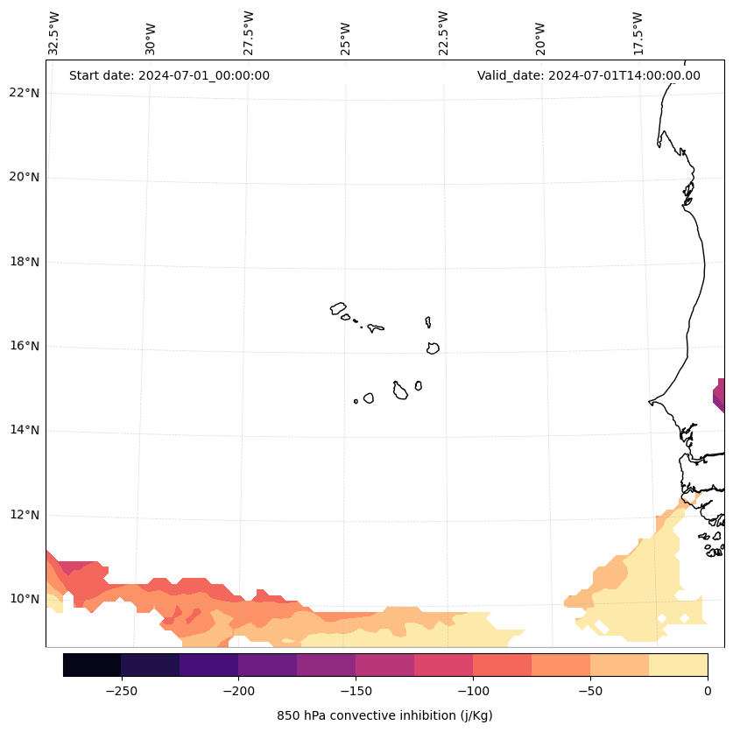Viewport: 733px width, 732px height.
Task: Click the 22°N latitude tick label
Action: (x=24, y=93)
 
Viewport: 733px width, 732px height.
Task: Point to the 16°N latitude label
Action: (x=24, y=346)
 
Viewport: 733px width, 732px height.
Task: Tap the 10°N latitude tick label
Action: (x=24, y=599)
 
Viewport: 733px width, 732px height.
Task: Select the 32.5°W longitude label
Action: (x=54, y=33)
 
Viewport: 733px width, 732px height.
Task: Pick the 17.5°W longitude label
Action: (x=638, y=33)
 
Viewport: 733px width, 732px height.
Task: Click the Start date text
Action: (x=169, y=75)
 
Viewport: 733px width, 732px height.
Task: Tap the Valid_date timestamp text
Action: (x=589, y=75)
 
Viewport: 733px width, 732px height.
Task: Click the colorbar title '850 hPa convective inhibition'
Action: (x=384, y=715)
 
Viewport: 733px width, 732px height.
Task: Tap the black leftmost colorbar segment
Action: (x=92, y=665)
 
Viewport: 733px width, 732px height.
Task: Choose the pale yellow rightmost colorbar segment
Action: (x=678, y=665)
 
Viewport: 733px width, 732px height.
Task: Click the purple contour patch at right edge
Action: (x=719, y=395)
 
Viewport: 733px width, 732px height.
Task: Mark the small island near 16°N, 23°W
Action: (x=433, y=348)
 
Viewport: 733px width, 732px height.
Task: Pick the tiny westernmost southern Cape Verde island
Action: (x=356, y=401)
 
